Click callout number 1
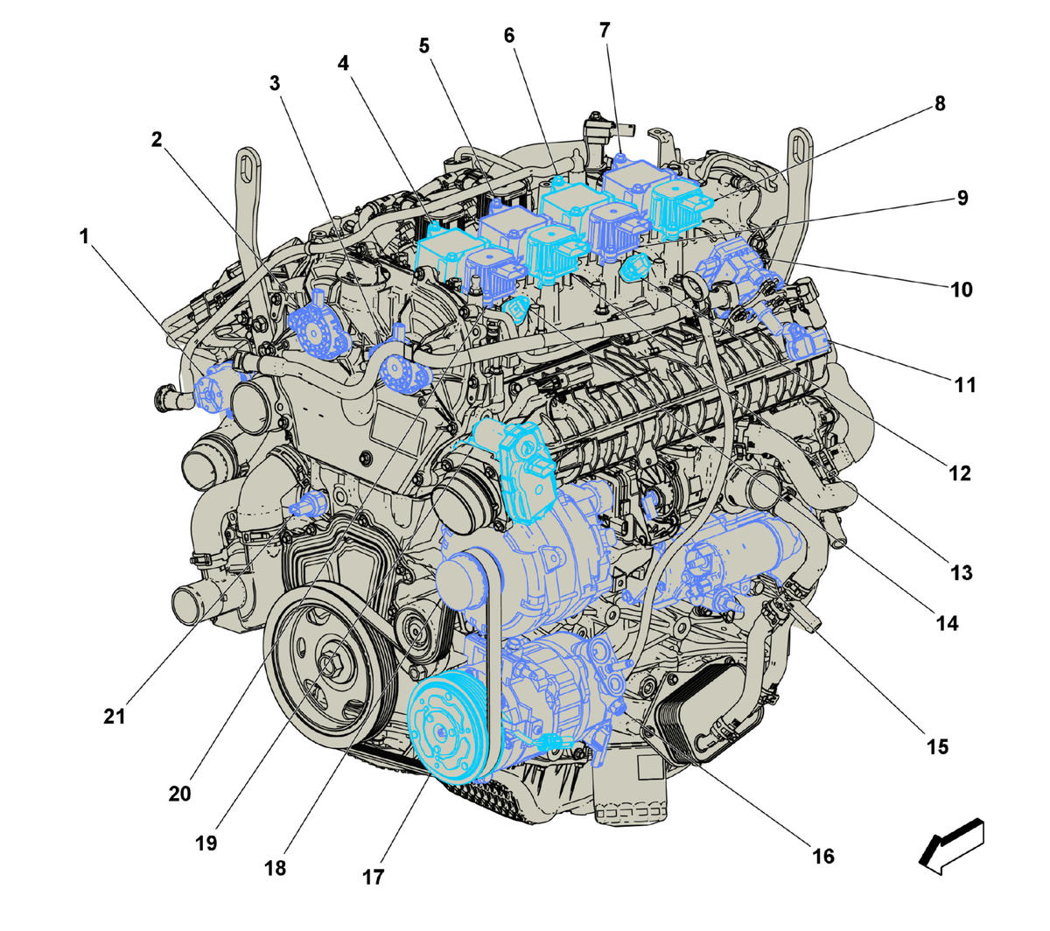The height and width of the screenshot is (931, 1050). (x=84, y=236)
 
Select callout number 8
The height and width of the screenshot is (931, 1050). (x=940, y=103)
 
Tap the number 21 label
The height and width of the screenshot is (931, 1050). (x=115, y=717)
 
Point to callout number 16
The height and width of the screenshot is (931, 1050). (x=823, y=857)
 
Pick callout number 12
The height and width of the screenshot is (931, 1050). (x=959, y=472)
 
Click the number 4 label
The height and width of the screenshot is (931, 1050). (x=343, y=63)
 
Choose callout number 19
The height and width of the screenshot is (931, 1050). (x=206, y=843)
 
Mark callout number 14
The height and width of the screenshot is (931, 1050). (x=947, y=623)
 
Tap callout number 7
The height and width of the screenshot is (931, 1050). (x=605, y=31)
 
